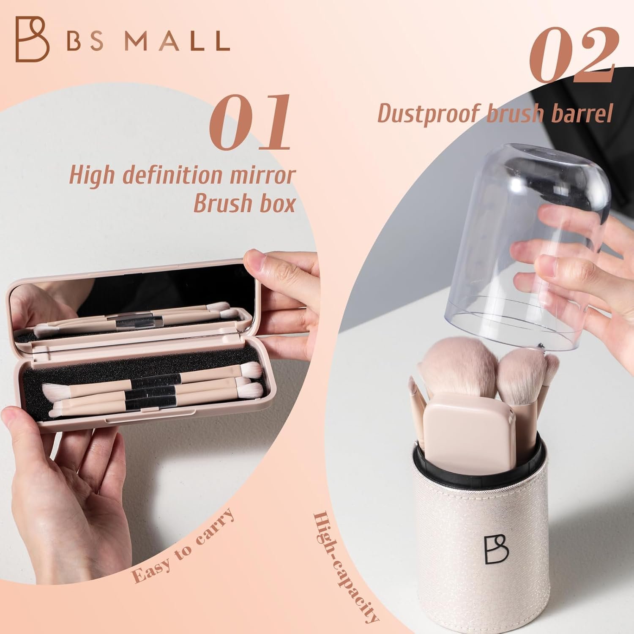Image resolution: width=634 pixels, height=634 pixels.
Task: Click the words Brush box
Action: [244, 203]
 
